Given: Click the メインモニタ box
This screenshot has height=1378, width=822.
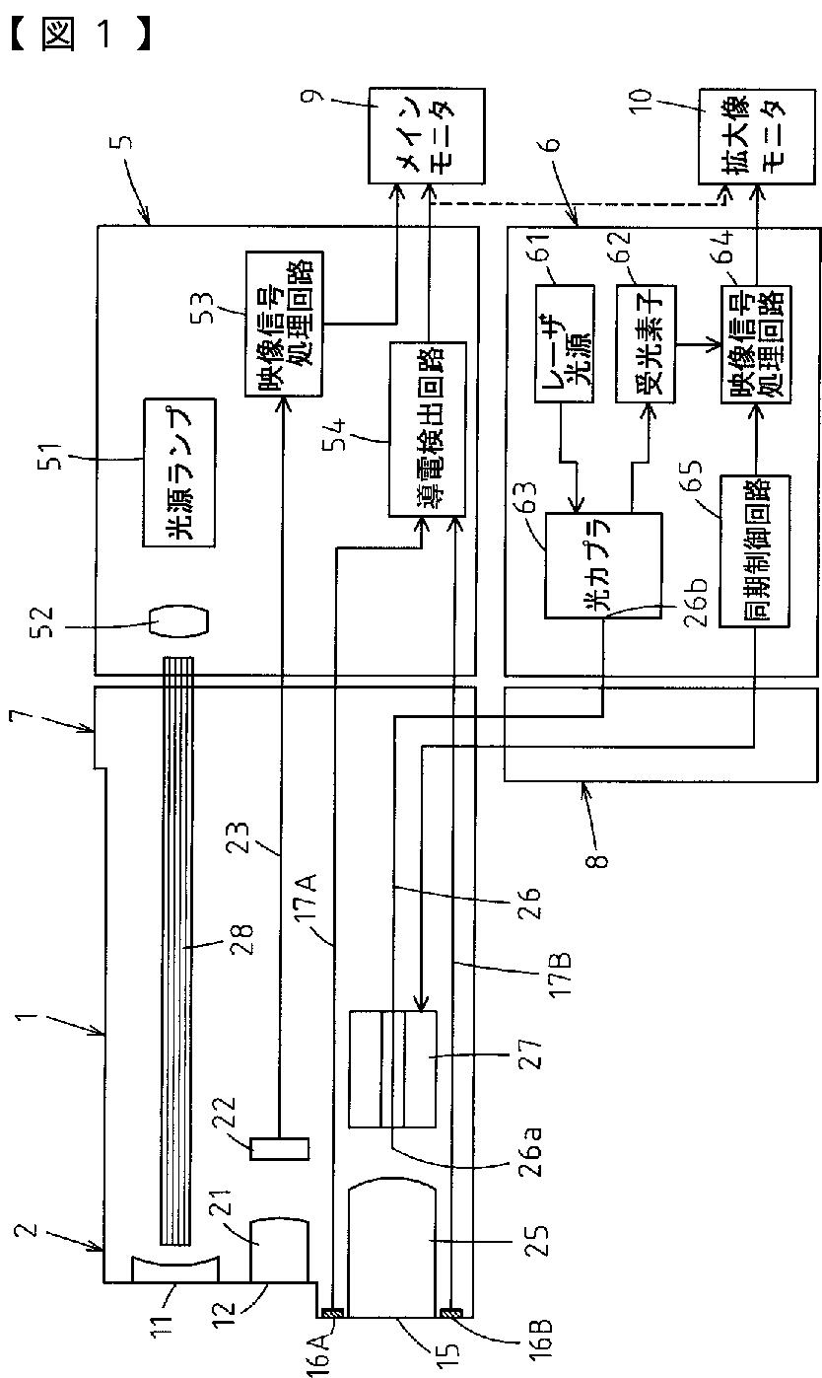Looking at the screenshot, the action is pyautogui.click(x=426, y=135).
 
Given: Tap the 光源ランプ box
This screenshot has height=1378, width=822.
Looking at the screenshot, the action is pyautogui.click(x=179, y=472).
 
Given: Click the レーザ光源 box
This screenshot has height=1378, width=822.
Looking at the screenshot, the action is pyautogui.click(x=565, y=343).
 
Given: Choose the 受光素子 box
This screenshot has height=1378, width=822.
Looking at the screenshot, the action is pyautogui.click(x=646, y=343).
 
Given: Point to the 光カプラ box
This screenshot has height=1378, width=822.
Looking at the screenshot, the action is pyautogui.click(x=603, y=565).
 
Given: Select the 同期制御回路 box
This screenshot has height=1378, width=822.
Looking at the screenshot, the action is pyautogui.click(x=754, y=550).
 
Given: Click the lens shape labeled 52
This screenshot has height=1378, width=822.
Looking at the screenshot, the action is pyautogui.click(x=179, y=627).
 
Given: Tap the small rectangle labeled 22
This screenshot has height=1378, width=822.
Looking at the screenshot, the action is pyautogui.click(x=279, y=1148).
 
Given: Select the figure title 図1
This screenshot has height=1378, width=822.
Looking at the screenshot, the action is pyautogui.click(x=81, y=36).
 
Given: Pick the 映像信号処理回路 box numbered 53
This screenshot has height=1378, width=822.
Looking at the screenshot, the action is pyautogui.click(x=284, y=325).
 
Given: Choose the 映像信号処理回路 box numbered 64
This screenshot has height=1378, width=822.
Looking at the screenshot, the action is pyautogui.click(x=756, y=344).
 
